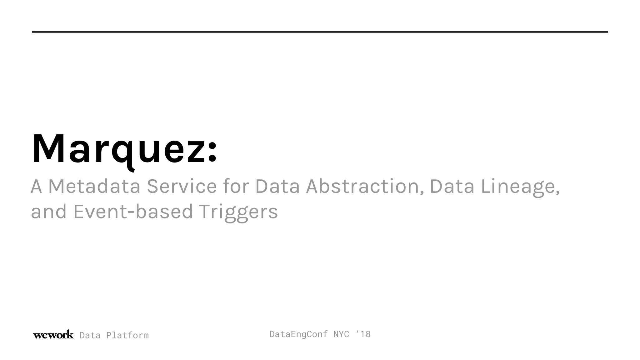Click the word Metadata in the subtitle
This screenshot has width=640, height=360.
click(x=94, y=186)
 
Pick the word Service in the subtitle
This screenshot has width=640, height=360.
click(x=182, y=186)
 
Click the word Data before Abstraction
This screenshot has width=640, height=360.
click(x=277, y=186)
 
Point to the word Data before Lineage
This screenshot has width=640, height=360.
click(x=452, y=186)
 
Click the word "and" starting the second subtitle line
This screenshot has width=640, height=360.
click(x=49, y=212)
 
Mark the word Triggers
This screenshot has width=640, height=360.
click(x=238, y=212)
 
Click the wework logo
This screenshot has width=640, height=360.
click(x=53, y=335)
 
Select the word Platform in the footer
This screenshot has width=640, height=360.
click(x=127, y=335)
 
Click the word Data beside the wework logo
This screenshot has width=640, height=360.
click(x=90, y=335)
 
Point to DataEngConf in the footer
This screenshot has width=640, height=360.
click(x=298, y=334)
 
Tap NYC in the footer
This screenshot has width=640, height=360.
click(x=341, y=334)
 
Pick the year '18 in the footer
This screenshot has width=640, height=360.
click(x=363, y=334)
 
